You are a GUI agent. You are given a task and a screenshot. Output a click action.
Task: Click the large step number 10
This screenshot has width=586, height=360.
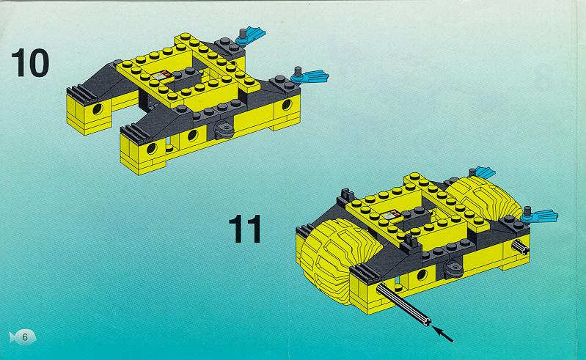click(30, 63)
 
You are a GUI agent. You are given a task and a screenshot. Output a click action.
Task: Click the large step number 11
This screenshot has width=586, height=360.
click(245, 229)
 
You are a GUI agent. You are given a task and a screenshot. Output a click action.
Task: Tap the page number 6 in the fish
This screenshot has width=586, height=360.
click(25, 337)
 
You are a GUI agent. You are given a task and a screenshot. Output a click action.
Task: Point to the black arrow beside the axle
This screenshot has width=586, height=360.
click(442, 334)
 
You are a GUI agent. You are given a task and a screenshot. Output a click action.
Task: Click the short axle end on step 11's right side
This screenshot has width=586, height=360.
click(520, 247)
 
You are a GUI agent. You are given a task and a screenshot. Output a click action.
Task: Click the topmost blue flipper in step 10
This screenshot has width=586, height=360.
click(251, 35)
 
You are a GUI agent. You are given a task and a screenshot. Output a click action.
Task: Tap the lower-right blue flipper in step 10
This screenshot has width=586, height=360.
click(310, 76)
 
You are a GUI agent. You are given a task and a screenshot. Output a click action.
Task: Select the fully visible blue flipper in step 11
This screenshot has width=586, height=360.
click(539, 215)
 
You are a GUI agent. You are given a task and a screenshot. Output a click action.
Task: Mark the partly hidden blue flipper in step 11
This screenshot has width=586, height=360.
click(483, 172)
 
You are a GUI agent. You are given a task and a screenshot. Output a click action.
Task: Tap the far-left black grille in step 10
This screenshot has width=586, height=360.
click(81, 95)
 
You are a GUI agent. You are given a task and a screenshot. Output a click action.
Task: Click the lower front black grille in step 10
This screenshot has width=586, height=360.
click(134, 134)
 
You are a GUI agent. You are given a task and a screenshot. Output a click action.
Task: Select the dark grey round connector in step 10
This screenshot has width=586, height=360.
click(224, 131)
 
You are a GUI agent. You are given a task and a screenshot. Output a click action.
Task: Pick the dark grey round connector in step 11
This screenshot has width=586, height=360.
click(454, 269)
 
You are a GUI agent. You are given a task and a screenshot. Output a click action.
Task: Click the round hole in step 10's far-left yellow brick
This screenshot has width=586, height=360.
click(98, 109)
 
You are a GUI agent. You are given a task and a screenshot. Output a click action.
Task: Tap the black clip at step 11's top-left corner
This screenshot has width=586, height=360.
click(347, 195)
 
